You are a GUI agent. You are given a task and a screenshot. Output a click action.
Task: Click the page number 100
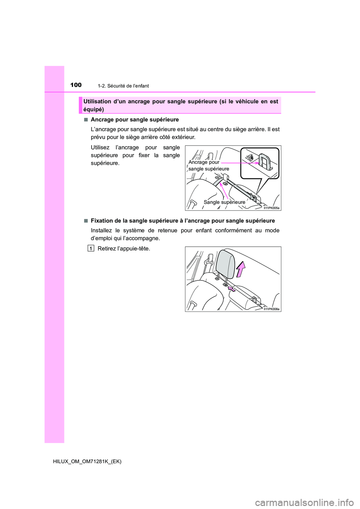76,85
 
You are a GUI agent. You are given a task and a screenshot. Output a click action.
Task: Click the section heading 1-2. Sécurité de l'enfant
123,86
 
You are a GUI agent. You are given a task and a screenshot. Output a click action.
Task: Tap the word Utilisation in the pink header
97,102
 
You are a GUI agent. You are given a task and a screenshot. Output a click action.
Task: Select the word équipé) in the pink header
94,109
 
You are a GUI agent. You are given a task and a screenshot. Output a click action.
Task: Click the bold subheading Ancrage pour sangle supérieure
135,120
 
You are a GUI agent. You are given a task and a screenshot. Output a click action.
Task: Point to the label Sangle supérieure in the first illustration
224,202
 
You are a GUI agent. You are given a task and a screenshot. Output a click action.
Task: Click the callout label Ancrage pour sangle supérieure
208,166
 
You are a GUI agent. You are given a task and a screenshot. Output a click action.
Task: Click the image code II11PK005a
271,208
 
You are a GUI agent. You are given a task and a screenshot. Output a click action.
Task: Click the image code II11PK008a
271,309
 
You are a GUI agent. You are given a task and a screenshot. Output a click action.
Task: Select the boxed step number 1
91,249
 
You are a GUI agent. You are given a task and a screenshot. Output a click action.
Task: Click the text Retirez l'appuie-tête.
124,249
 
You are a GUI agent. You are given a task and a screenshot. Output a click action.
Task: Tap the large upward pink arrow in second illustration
240,269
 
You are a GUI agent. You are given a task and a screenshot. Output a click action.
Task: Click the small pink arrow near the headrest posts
232,289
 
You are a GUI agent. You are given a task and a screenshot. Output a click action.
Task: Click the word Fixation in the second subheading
102,221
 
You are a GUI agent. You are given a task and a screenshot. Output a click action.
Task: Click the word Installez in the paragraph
101,231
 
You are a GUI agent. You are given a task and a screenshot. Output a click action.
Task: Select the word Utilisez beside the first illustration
100,148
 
